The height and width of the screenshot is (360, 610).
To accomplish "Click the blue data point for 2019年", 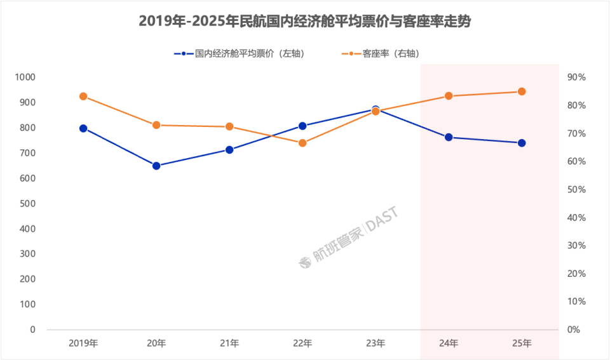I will tap(83, 128).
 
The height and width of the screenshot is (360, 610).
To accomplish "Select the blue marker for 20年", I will tap(156, 166).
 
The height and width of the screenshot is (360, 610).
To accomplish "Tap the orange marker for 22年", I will tap(302, 143).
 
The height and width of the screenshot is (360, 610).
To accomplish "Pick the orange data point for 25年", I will tap(522, 91).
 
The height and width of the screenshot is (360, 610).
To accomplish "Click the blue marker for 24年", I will tap(449, 137).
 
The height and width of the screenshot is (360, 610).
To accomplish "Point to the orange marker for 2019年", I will tap(83, 97).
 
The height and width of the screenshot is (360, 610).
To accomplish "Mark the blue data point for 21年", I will tap(229, 150).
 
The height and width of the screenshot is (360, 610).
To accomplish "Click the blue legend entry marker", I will tap(184, 54).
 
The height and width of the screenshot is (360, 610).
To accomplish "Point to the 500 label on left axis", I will tap(29, 203).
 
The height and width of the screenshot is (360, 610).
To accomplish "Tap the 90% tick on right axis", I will tap(576, 77).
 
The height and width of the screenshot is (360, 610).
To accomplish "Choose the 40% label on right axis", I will tap(576, 218).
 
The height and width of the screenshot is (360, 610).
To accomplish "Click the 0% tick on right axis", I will tap(574, 330).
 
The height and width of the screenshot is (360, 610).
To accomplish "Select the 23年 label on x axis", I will tap(376, 343).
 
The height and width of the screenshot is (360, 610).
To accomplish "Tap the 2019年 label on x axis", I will tap(83, 343).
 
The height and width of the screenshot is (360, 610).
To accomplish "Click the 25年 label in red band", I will tap(522, 343).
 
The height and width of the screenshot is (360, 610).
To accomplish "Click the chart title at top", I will tap(305, 21).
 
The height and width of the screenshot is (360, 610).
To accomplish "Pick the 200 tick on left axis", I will tap(29, 279).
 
